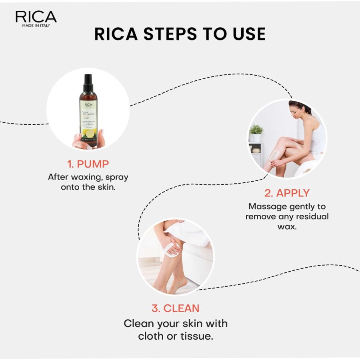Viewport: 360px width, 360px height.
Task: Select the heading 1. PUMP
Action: (x=88, y=164)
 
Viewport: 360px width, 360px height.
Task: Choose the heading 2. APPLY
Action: (x=287, y=193)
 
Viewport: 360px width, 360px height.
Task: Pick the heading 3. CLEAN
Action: (x=175, y=308)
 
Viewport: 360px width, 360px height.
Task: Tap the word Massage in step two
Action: (x=267, y=206)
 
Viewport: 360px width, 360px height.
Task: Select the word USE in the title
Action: (x=246, y=34)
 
